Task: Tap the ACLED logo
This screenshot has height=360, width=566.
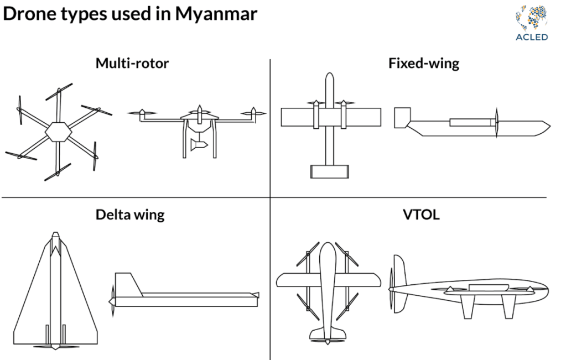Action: (x=531, y=23)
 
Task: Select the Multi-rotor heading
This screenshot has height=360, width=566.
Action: (x=132, y=63)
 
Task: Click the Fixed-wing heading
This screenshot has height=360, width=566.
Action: (x=423, y=63)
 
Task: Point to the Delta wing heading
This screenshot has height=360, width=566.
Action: (x=130, y=214)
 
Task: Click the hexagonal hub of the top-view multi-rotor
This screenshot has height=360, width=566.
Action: (x=58, y=132)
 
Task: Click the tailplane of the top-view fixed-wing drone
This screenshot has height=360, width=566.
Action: (x=329, y=171)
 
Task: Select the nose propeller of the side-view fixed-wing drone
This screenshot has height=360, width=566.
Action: (x=496, y=123)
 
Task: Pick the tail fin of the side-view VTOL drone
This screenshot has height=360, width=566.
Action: (x=398, y=270)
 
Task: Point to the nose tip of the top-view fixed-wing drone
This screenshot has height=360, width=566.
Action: (x=329, y=75)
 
